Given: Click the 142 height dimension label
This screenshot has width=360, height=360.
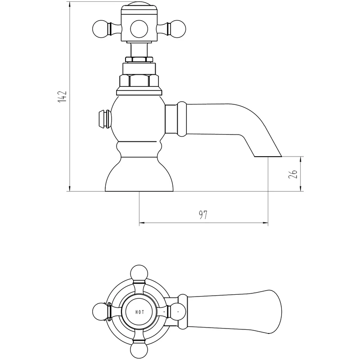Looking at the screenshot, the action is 62,96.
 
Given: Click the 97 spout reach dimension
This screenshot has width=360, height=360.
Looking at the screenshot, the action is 203,215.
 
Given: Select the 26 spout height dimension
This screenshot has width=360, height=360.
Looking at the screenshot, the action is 293,174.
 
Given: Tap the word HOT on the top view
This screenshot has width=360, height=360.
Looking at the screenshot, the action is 139,312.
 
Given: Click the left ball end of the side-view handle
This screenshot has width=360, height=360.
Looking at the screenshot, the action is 100,29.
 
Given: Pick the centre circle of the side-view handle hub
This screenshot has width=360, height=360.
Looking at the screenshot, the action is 139,29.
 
